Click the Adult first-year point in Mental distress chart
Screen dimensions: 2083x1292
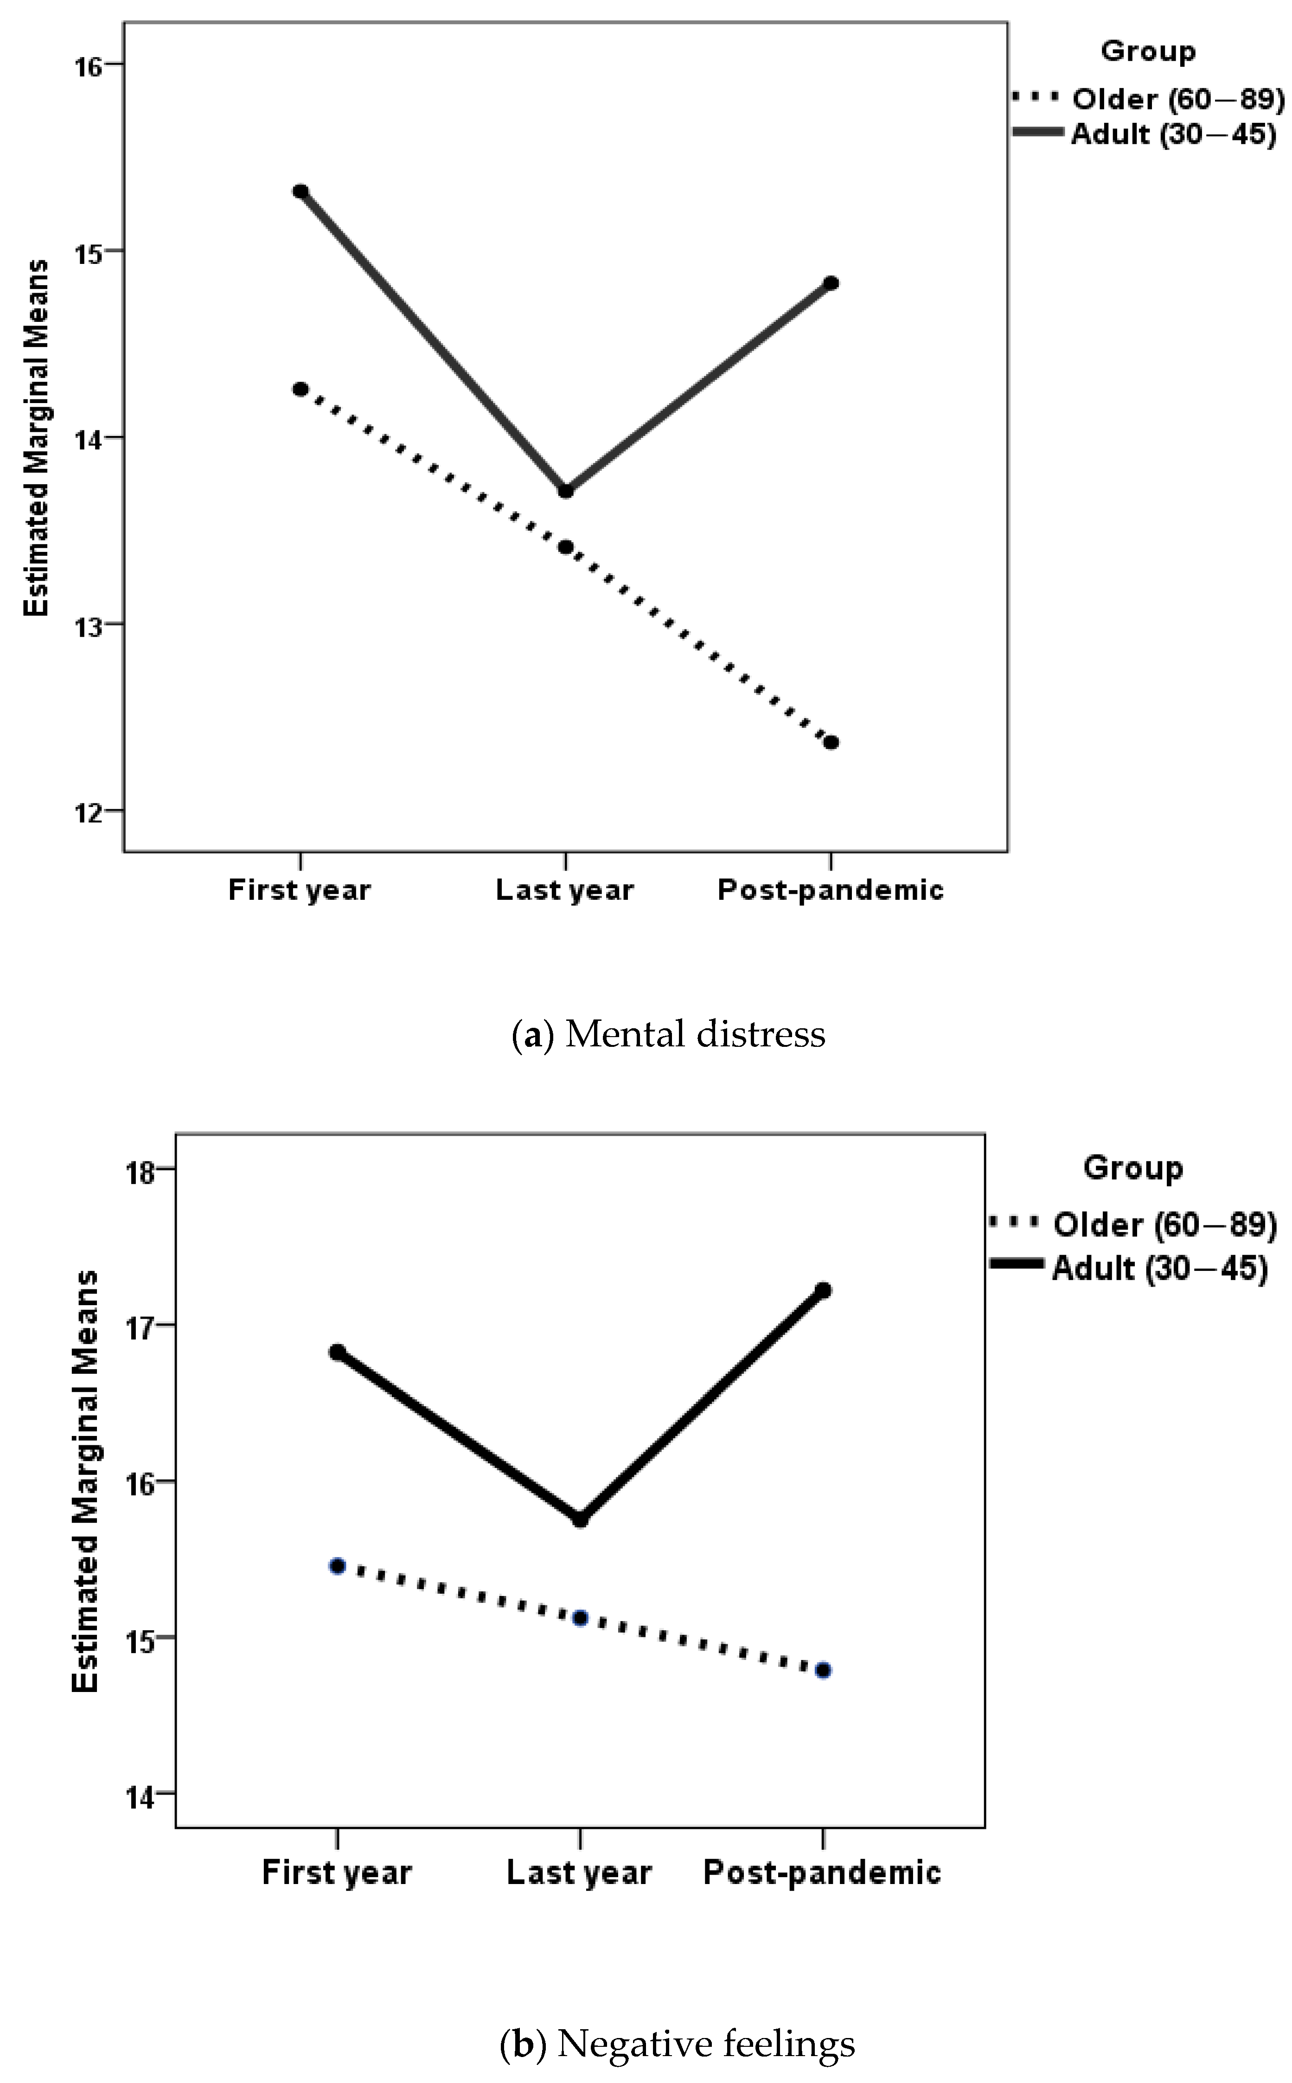[x=300, y=191]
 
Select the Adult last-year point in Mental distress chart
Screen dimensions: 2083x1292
[x=565, y=490]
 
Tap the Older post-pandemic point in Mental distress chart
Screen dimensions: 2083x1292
[x=831, y=742]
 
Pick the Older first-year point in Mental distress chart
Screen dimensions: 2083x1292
[x=300, y=389]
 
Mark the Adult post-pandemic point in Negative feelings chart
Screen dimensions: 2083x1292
[x=823, y=1289]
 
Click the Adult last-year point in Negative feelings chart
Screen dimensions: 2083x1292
[x=579, y=1519]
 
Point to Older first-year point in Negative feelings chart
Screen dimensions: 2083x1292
[x=337, y=1565]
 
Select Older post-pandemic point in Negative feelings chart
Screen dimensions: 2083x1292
[x=823, y=1669]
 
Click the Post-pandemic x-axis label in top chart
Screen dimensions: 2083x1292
[x=830, y=890]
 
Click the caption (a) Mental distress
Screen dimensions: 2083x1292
[x=668, y=1034]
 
